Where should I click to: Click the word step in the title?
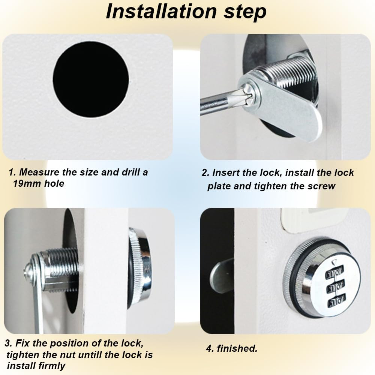click(x=244, y=12)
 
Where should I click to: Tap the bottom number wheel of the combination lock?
click(x=336, y=300)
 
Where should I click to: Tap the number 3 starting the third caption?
click(x=8, y=344)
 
